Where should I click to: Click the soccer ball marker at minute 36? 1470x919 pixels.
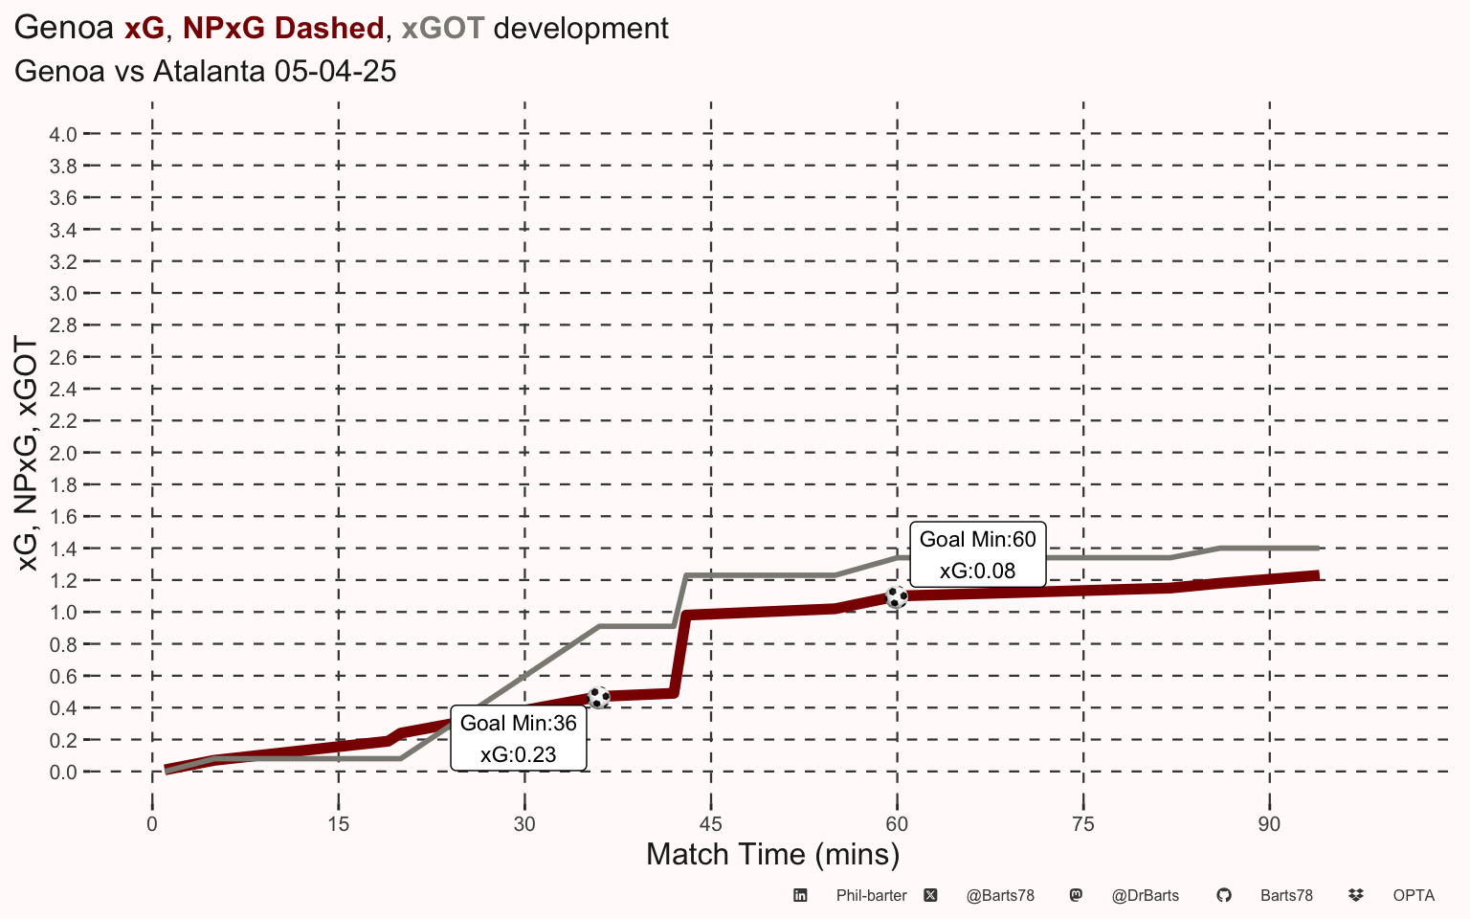click(x=598, y=697)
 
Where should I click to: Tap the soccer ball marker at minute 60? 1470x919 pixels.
click(x=897, y=597)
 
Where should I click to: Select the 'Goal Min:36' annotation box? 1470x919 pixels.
click(x=519, y=738)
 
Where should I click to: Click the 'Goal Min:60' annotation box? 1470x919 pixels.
click(x=978, y=554)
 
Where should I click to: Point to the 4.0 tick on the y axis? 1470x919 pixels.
click(x=63, y=135)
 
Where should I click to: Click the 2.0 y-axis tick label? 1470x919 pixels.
click(x=63, y=453)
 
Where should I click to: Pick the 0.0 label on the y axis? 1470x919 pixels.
click(x=63, y=772)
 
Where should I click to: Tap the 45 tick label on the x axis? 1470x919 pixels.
click(x=711, y=824)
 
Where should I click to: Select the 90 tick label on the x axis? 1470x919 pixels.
click(x=1269, y=824)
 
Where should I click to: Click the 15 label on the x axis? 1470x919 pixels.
click(x=338, y=824)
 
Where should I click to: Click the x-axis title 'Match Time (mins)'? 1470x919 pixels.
click(x=773, y=855)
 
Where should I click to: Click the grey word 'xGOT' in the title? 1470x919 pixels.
click(x=443, y=28)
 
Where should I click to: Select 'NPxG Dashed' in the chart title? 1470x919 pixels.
click(x=283, y=28)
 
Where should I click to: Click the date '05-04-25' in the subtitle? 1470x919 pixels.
click(x=335, y=71)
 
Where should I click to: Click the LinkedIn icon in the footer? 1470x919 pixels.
click(x=800, y=895)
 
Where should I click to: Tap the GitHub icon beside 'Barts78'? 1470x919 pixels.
click(x=1224, y=895)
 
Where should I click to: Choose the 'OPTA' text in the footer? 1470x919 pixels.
click(x=1414, y=895)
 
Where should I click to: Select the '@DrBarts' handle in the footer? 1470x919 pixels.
click(x=1146, y=895)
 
